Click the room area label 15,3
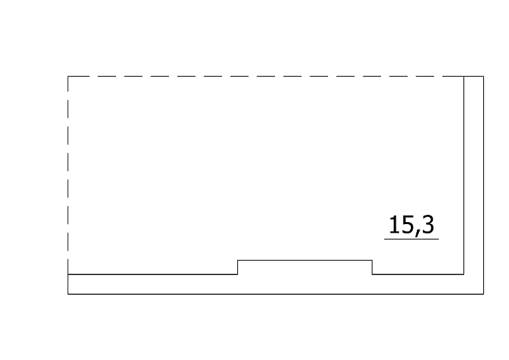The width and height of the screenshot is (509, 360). [x=412, y=225]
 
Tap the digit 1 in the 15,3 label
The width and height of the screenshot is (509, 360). [x=395, y=225]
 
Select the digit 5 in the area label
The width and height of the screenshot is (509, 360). [x=408, y=225]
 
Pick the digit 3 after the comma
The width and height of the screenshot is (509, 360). [x=428, y=225]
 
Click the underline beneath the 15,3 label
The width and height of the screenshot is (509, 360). [x=412, y=239]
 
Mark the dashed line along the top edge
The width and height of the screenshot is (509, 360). [x=266, y=76]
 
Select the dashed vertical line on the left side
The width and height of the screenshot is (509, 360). [x=68, y=175]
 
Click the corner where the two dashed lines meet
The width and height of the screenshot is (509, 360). [x=68, y=76]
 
